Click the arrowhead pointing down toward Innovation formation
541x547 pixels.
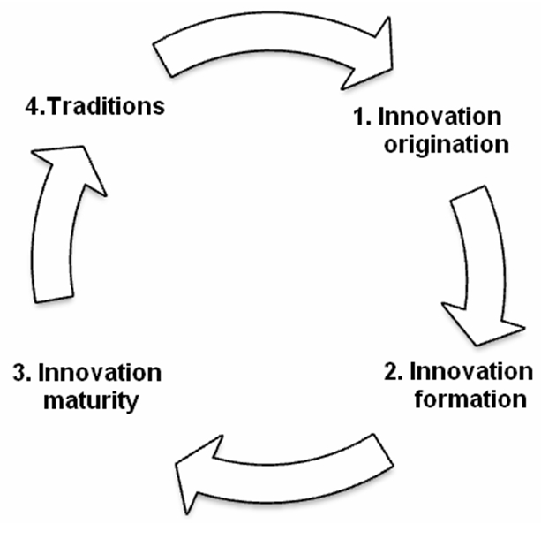477,323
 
